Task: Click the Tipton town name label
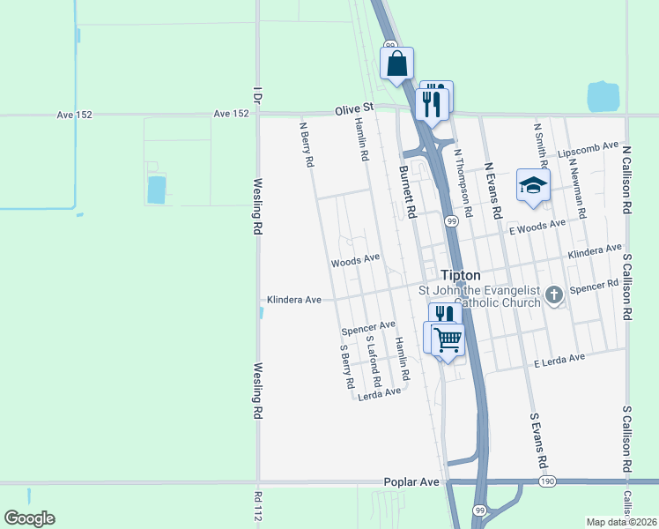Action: [460, 274]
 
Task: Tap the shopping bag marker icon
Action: [397, 63]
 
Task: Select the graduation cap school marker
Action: [533, 185]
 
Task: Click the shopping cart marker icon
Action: [448, 339]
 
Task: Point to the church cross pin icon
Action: [554, 294]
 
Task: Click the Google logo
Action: [29, 518]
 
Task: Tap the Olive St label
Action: [354, 109]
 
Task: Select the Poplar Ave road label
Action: [411, 482]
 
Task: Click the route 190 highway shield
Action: [547, 481]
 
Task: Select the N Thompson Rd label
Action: [463, 182]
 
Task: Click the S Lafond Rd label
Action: [372, 362]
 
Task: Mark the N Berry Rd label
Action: [307, 144]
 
